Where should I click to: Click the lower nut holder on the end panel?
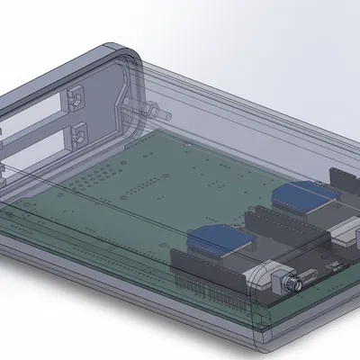79,135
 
